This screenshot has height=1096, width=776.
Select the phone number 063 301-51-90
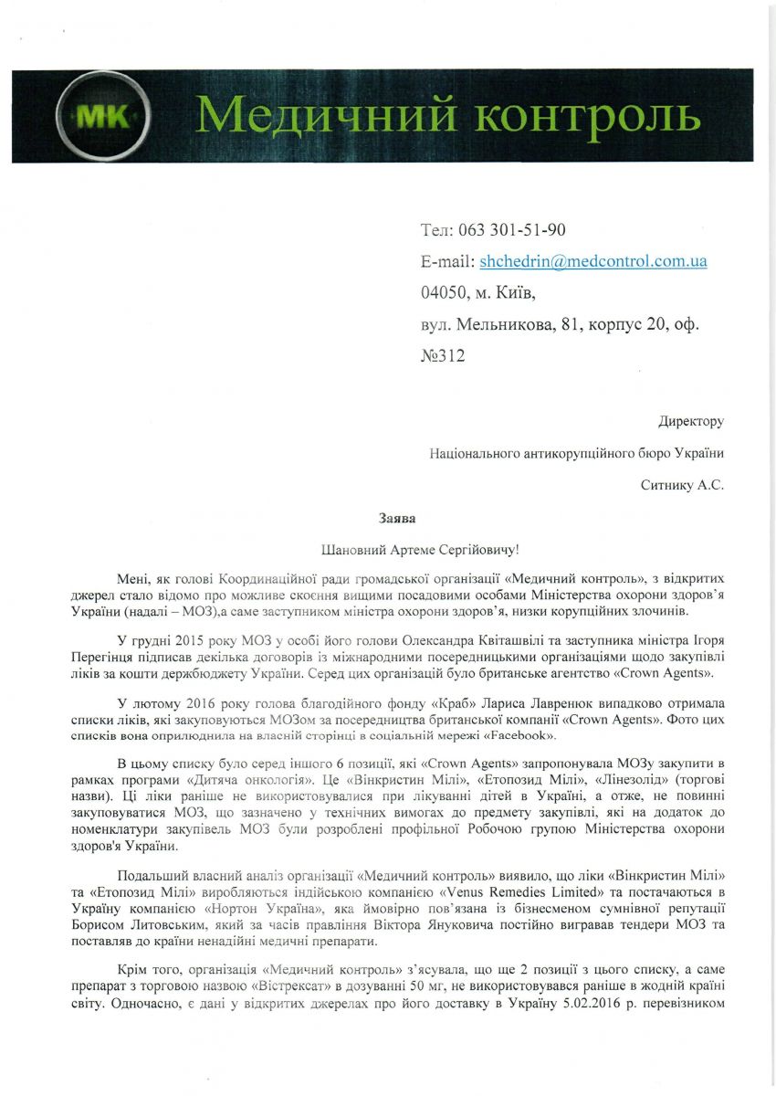click(x=519, y=229)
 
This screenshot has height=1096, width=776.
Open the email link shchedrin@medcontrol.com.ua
click(x=593, y=261)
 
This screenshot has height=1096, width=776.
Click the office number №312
click(x=443, y=355)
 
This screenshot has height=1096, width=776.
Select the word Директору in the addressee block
click(x=691, y=421)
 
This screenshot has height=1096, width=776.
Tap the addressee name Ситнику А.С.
click(x=682, y=485)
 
